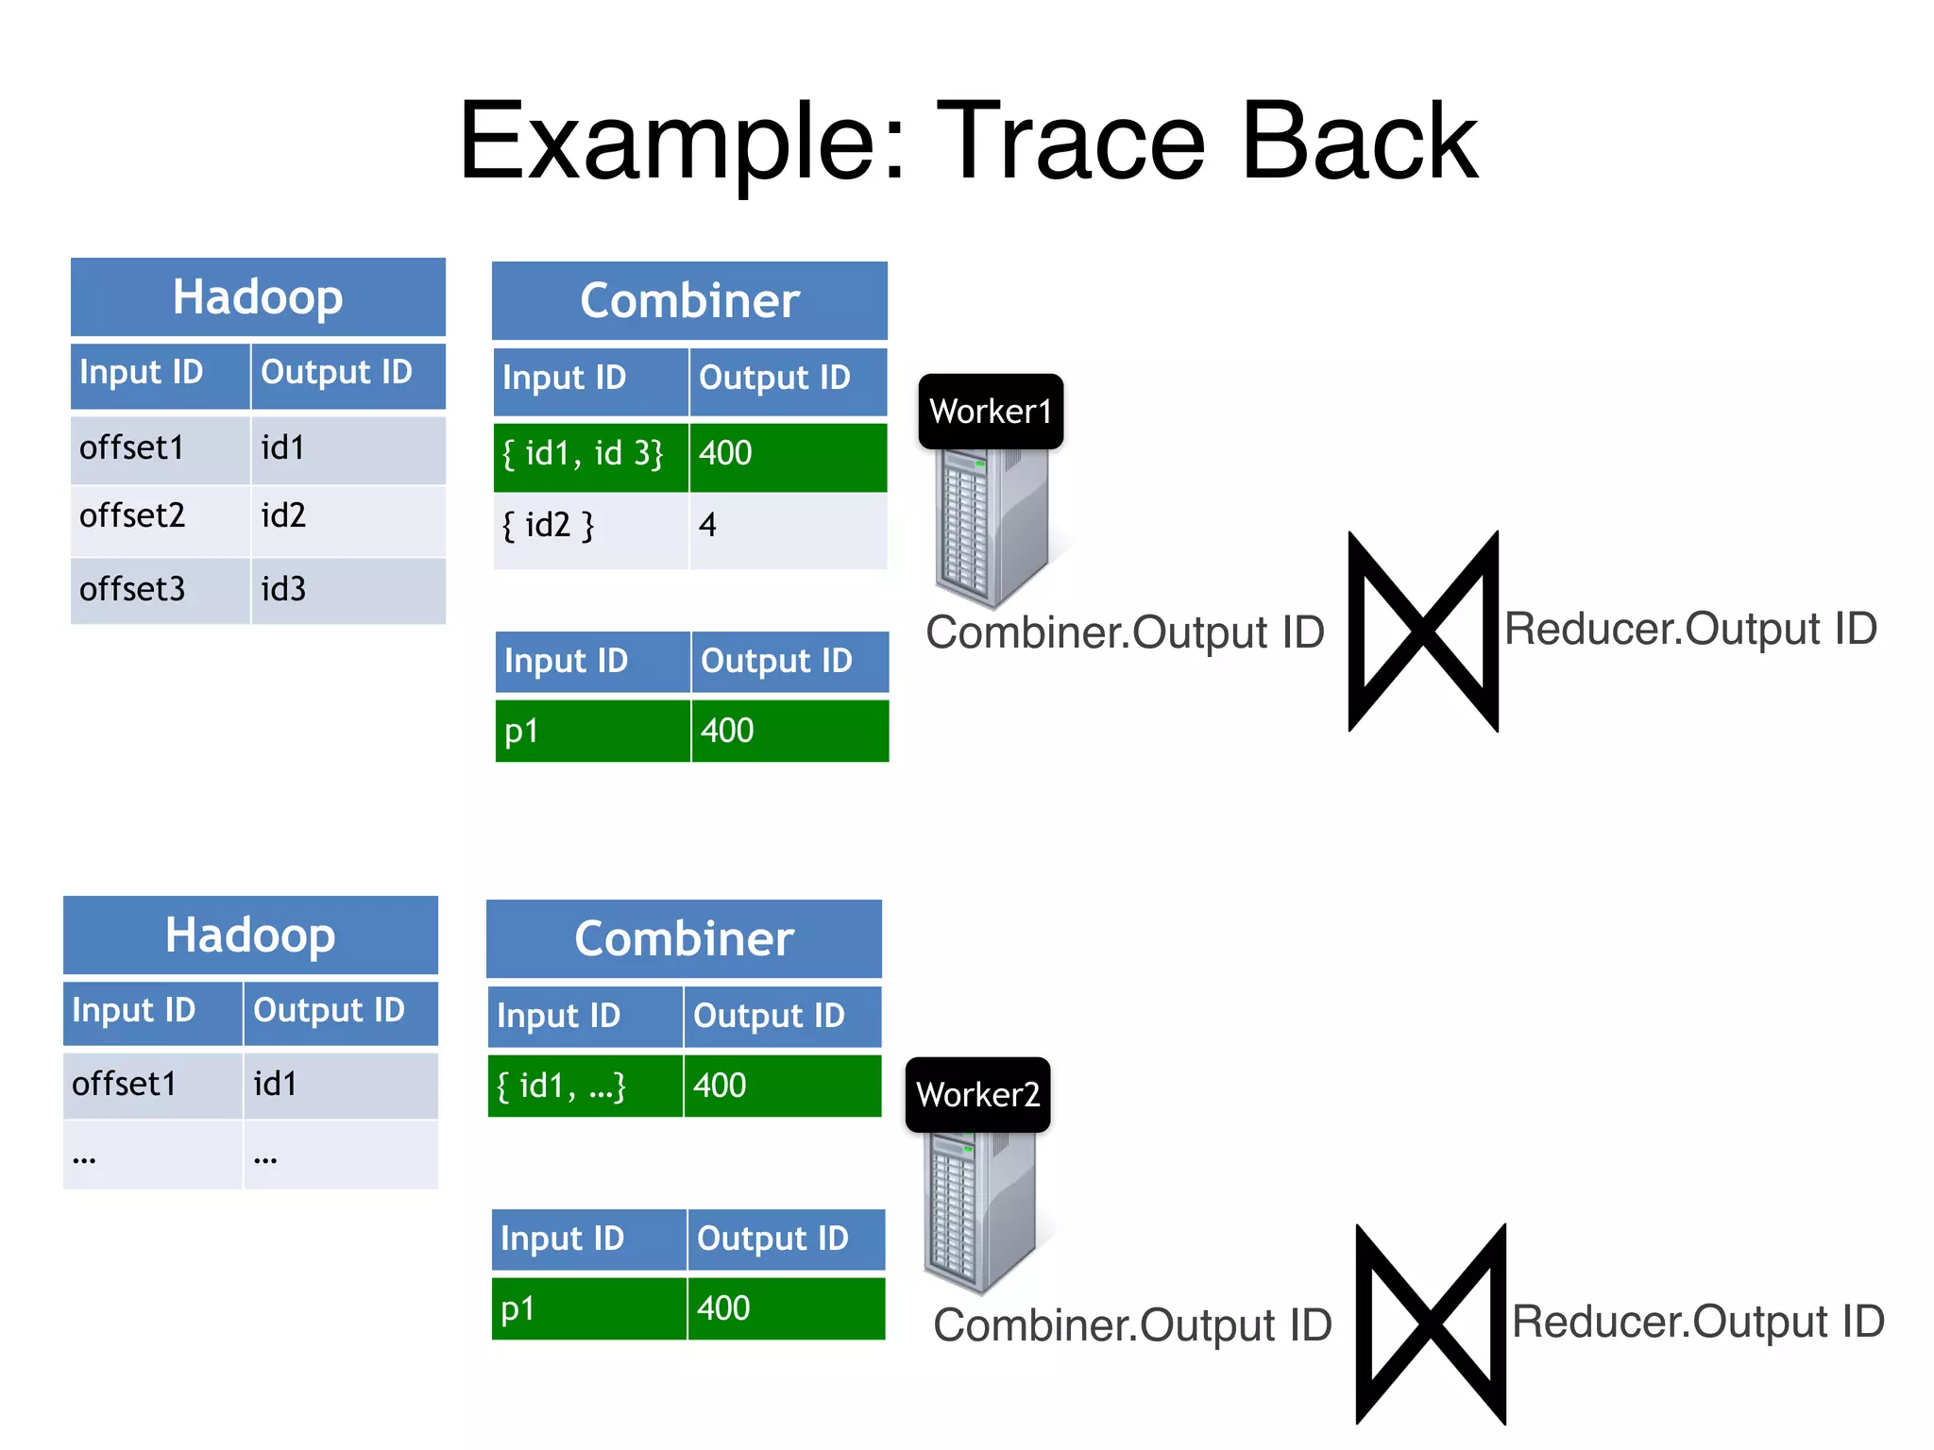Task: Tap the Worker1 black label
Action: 991,412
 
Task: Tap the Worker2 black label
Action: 977,1095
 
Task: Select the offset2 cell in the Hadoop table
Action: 159,516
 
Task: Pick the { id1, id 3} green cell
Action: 590,455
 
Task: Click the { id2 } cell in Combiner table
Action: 590,527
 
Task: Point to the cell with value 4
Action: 788,527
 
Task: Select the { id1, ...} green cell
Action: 585,1087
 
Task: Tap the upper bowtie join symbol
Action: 1423,631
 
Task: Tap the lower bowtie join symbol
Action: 1430,1324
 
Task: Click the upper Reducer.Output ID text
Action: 1690,629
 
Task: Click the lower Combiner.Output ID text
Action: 1132,1325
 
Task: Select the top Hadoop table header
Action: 258,297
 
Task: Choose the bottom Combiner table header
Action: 684,939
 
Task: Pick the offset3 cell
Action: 159,590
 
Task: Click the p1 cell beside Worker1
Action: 592,732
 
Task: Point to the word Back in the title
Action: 1359,142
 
